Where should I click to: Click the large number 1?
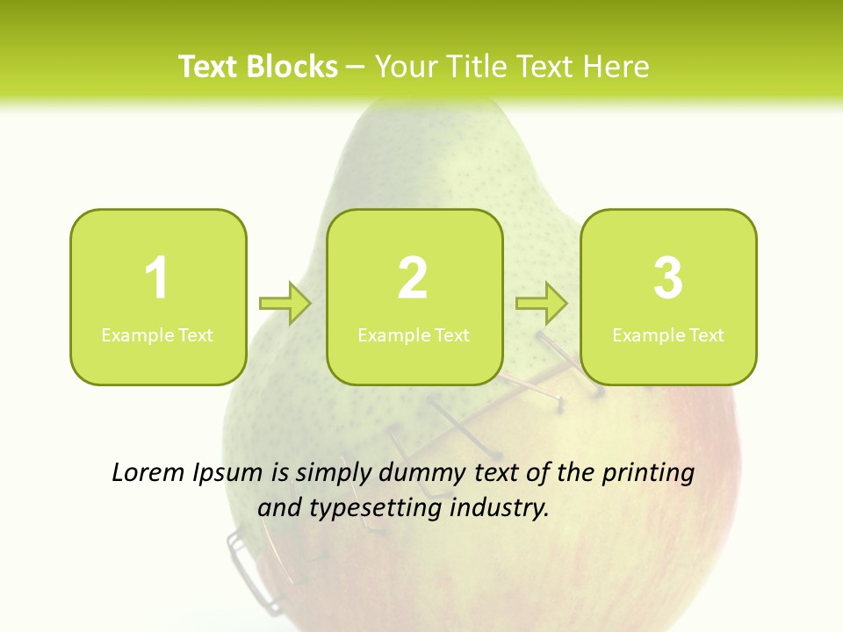(x=156, y=278)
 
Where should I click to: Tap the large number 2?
(x=413, y=278)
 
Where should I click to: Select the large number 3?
(x=668, y=278)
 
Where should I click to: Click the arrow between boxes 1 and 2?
(x=285, y=304)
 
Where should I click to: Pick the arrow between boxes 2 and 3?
(x=542, y=304)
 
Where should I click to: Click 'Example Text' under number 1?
(x=157, y=335)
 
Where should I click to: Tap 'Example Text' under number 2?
(x=414, y=335)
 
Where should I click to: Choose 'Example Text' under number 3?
(x=668, y=335)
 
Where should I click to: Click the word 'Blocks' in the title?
(x=291, y=67)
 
